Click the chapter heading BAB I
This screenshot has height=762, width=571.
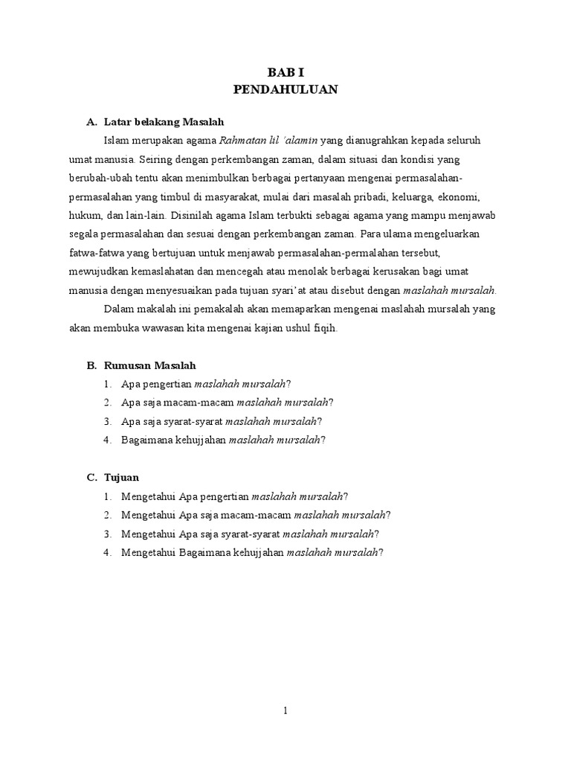tap(285, 72)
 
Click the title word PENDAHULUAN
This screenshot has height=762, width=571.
tap(285, 89)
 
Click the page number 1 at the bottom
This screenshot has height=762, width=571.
tap(285, 711)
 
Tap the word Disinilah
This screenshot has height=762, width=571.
tap(196, 216)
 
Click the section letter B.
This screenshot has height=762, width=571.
tap(91, 365)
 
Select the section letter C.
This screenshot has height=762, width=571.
tap(91, 477)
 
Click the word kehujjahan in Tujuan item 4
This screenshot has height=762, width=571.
tap(258, 552)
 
